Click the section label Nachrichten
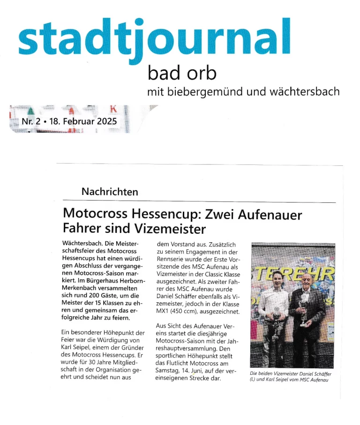[110, 192]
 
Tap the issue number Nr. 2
[30, 122]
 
